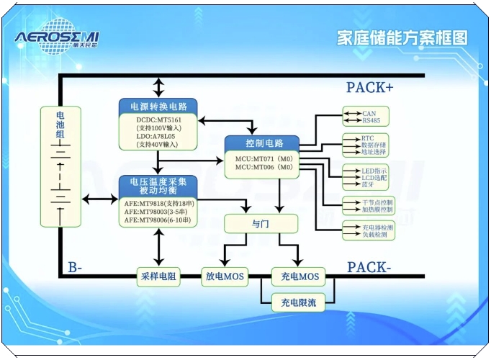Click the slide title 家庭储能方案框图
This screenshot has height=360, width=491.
pos(402,38)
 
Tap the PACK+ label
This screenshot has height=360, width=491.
pos(369,88)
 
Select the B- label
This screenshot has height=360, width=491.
pos(75,268)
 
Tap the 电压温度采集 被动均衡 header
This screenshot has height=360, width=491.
pos(158,186)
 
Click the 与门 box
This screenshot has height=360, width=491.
pos(261,224)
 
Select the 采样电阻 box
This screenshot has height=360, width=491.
pos(158,276)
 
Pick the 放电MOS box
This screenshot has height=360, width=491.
pos(223,276)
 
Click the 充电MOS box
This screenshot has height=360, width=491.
pos(299,276)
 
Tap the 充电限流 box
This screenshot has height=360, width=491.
pos(299,302)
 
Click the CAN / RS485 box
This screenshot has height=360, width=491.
pos(365,117)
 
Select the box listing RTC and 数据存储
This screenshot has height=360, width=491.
pos(365,145)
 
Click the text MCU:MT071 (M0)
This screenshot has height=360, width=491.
pos(262,158)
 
